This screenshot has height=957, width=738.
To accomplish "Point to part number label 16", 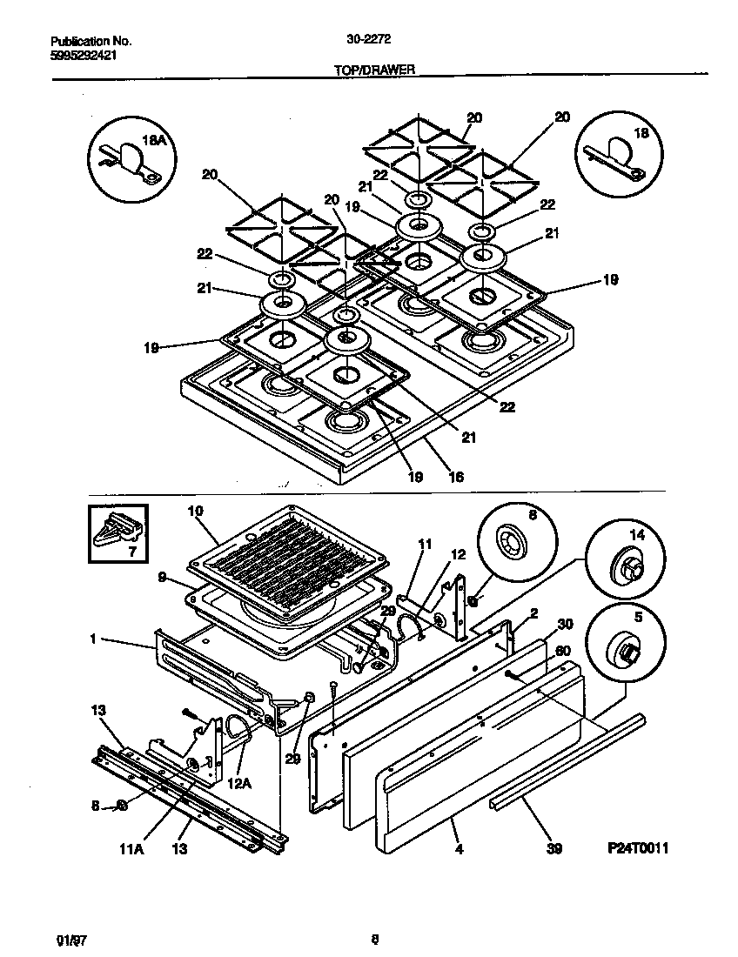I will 455,477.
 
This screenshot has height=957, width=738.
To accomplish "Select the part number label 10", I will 195,511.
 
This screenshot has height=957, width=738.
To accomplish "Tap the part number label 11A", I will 131,850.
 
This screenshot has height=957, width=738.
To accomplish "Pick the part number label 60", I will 563,651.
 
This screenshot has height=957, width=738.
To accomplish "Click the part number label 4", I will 459,849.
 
